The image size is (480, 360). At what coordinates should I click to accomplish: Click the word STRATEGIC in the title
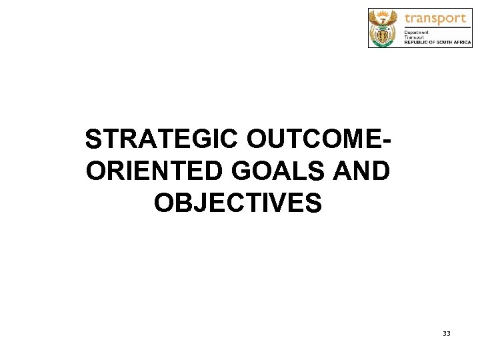(x=162, y=140)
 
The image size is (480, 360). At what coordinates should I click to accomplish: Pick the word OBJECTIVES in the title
(x=238, y=203)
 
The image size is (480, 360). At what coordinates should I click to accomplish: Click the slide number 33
(x=446, y=333)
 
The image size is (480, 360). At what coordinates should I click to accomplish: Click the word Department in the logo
(x=417, y=32)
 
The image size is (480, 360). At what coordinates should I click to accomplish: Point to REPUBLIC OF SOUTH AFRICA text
(x=437, y=42)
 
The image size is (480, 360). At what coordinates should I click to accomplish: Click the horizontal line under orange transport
(x=436, y=27)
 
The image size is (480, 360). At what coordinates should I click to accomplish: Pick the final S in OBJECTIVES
(x=314, y=203)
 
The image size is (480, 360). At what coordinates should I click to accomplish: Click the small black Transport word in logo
(x=416, y=37)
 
